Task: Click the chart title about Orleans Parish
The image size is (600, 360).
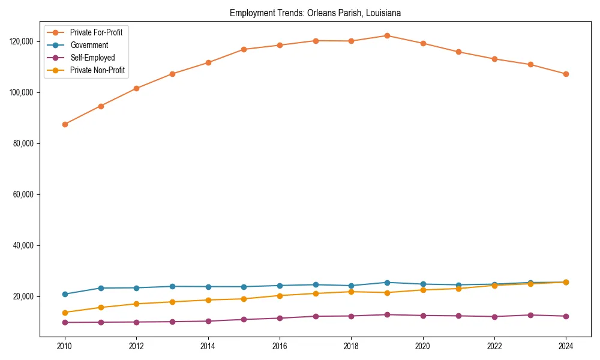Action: tap(315, 13)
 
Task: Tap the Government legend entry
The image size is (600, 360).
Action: tap(89, 45)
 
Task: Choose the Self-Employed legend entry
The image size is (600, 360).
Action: tap(92, 58)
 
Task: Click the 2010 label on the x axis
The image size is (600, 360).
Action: tap(65, 346)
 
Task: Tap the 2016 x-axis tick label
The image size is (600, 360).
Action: tap(280, 346)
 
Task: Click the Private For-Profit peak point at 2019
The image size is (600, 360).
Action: tap(387, 35)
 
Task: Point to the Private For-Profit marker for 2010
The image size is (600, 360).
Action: tap(65, 124)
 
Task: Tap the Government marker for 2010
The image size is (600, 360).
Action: tap(65, 294)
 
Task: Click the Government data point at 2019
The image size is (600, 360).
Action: tap(387, 283)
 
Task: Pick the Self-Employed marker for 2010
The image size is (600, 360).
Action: tap(65, 322)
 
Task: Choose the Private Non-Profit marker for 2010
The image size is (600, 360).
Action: tap(65, 312)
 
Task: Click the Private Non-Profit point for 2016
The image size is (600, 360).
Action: tap(280, 295)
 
